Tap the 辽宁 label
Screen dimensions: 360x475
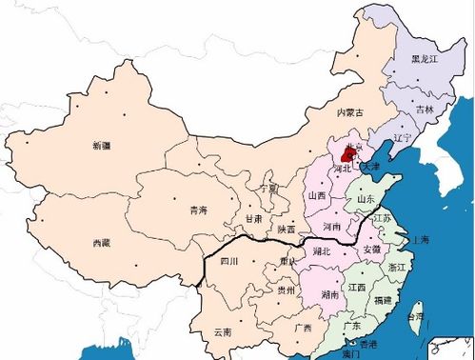[400, 138]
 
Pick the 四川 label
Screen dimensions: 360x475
[229, 259]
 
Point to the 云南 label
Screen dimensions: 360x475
[222, 331]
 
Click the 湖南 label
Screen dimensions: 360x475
[330, 295]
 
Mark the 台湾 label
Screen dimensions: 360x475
[417, 316]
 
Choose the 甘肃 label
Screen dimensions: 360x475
[253, 218]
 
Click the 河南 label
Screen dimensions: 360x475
[331, 228]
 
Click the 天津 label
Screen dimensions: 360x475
[370, 167]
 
